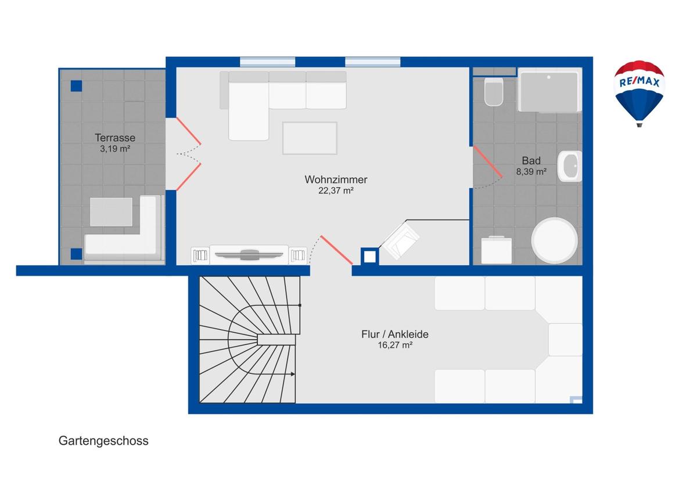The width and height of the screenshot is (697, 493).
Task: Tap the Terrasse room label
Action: tap(115, 138)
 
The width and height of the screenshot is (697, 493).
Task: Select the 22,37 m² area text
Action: tap(336, 190)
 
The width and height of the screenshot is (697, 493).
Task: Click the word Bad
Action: tap(531, 161)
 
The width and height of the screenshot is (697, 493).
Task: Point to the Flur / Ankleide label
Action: tap(394, 334)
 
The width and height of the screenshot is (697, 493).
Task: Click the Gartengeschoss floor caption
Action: tap(103, 441)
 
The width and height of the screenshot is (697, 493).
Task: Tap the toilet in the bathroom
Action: tap(494, 91)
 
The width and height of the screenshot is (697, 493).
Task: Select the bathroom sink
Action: tap(570, 166)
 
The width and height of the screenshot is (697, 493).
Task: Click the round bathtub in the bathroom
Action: tap(555, 240)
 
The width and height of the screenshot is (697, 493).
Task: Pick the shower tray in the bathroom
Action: tap(549, 90)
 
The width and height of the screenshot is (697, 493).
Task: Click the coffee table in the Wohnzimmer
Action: tap(310, 138)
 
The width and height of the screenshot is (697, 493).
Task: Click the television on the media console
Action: tap(249, 255)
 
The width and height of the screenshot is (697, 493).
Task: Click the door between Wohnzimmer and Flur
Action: tap(336, 250)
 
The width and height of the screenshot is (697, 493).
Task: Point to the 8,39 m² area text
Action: tap(531, 172)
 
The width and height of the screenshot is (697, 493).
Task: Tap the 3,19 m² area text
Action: tap(115, 149)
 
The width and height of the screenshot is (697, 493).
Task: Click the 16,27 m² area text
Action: tap(395, 346)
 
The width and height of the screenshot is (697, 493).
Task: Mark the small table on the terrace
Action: tap(111, 212)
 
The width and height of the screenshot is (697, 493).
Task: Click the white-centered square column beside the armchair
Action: tap(369, 257)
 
